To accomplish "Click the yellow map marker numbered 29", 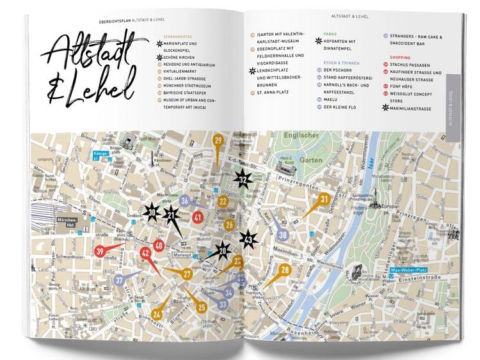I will (219, 143).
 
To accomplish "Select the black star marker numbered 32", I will (243, 181).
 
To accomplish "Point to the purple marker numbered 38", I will (283, 235).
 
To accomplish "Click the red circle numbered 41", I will (198, 217).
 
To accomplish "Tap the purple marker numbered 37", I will (120, 280).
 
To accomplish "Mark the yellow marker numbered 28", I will (285, 270).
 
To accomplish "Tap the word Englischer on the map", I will (301, 136).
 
